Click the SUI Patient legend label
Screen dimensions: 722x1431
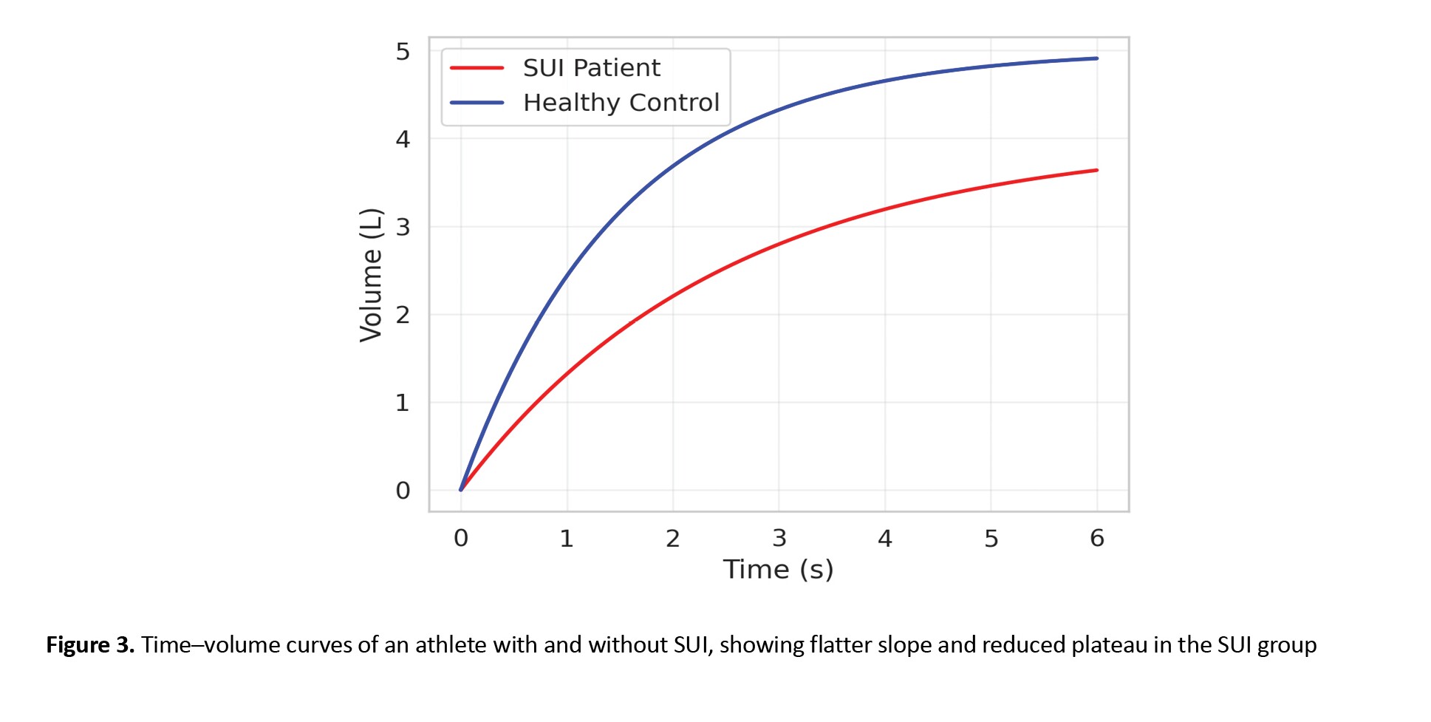point(591,68)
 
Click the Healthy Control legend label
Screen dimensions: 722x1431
point(621,103)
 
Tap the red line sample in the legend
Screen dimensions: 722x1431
point(477,68)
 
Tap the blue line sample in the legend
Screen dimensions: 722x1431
point(477,103)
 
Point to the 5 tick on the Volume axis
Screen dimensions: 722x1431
point(403,52)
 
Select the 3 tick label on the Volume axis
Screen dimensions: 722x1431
point(403,227)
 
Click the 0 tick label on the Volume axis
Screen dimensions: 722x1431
point(403,491)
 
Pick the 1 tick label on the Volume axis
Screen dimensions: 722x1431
point(403,403)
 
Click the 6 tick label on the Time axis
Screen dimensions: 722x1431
point(1097,539)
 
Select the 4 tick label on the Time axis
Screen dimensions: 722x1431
point(885,539)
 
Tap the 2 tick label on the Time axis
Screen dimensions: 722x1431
point(672,539)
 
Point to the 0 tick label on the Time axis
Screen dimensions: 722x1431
point(461,539)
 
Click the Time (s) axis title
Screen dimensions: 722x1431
point(778,570)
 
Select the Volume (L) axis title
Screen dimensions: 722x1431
point(371,275)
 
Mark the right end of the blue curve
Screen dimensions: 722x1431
point(1097,58)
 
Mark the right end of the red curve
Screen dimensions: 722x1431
point(1097,170)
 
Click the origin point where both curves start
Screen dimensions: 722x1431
point(461,490)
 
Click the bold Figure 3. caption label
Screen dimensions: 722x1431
point(90,645)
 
